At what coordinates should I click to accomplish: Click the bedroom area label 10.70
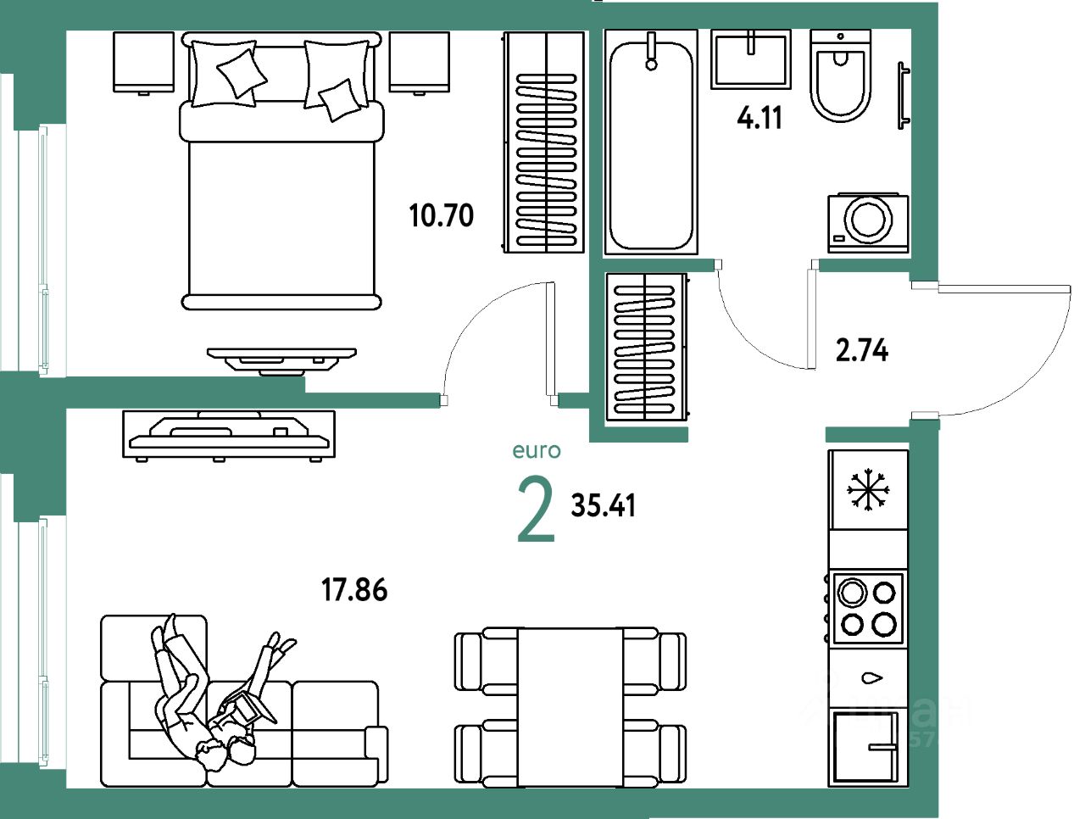click(x=441, y=215)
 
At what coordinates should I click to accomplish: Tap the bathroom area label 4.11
click(x=759, y=117)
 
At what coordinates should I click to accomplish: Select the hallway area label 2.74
click(x=861, y=349)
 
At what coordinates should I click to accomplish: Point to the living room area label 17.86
click(x=354, y=588)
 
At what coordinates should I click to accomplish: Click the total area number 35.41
click(x=604, y=505)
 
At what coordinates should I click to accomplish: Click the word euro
click(x=537, y=451)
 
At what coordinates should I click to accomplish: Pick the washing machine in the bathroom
click(x=867, y=222)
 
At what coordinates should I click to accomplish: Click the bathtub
click(x=651, y=142)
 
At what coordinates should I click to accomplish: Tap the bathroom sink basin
click(x=751, y=59)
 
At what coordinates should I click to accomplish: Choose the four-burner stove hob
click(x=867, y=608)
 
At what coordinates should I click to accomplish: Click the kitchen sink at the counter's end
click(x=865, y=747)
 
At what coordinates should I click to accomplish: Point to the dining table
click(x=570, y=707)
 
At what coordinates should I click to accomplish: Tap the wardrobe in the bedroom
click(x=544, y=142)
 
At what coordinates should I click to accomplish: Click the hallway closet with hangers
click(x=646, y=347)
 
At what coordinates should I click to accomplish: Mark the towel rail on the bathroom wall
click(x=904, y=95)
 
